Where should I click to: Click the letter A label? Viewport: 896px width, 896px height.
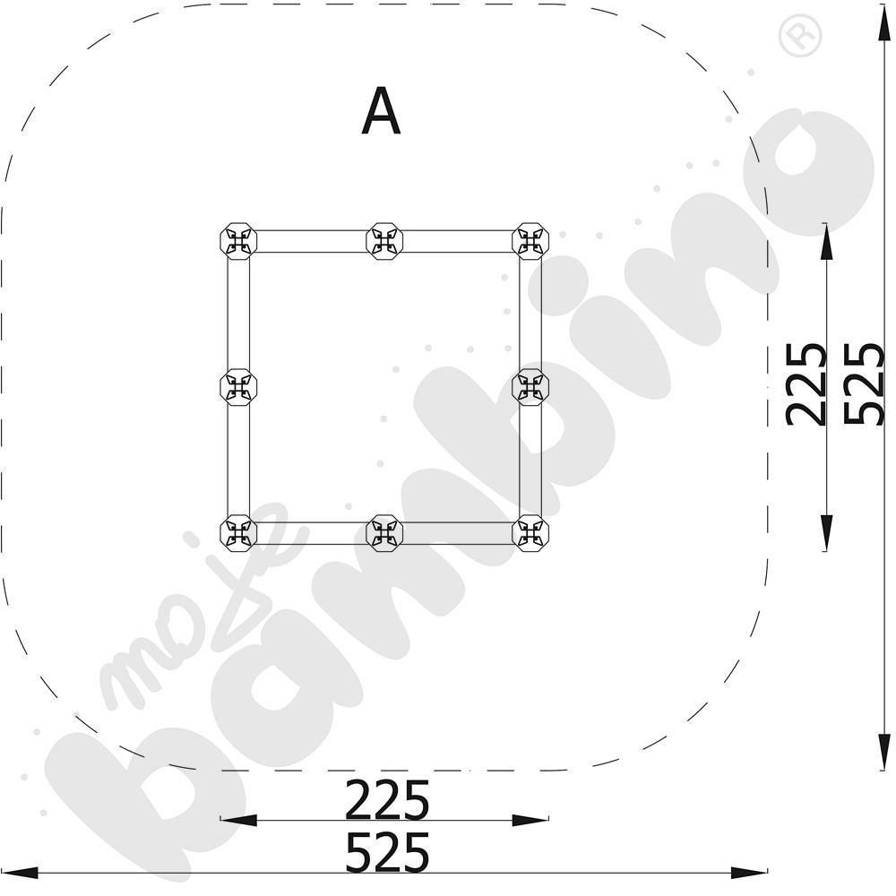coord(381,111)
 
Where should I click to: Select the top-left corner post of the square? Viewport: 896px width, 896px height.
coord(239,241)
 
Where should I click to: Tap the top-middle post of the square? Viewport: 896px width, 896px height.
coord(384,241)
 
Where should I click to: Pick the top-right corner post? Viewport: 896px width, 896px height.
coord(530,241)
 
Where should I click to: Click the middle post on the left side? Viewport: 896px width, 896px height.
coord(239,387)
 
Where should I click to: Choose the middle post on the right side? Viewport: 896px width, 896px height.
coord(530,387)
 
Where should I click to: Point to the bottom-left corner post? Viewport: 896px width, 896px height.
coord(239,532)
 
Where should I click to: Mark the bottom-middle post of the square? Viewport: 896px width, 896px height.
coord(384,532)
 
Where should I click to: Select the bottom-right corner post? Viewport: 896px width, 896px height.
coord(530,532)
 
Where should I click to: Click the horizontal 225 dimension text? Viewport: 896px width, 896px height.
coord(387,799)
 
